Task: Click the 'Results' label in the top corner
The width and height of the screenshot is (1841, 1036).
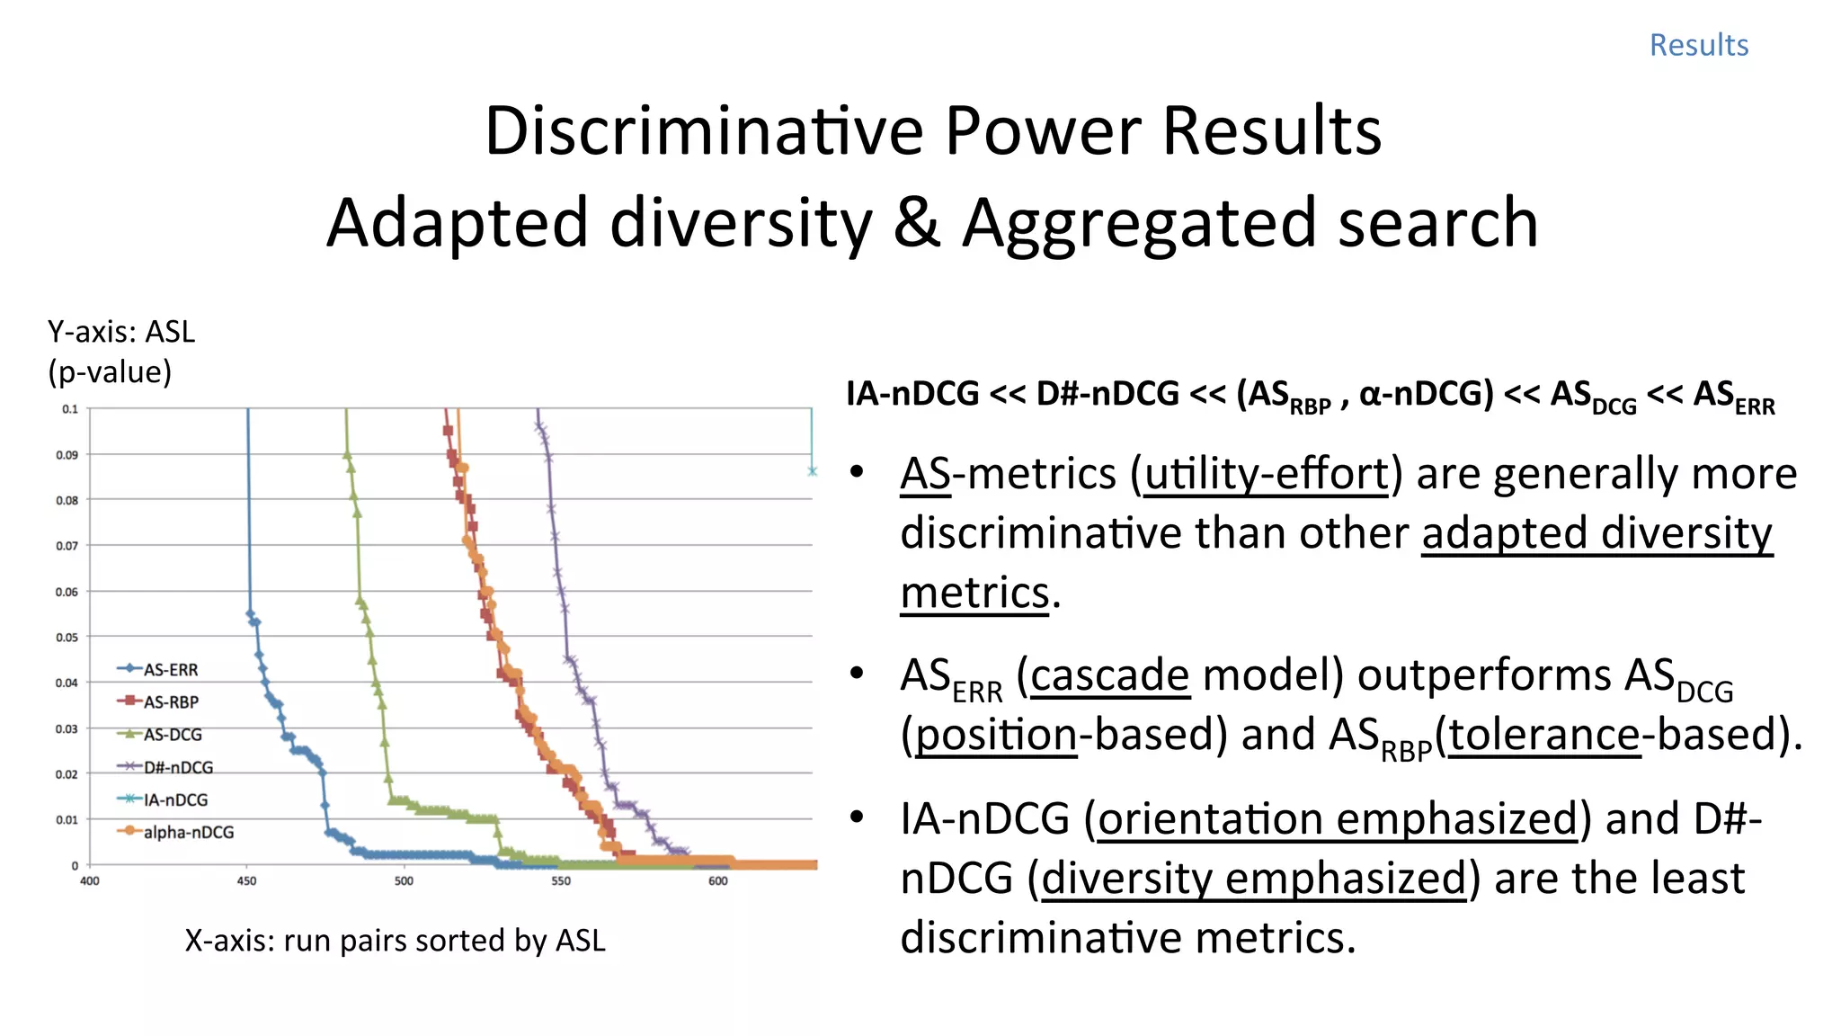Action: (x=1698, y=45)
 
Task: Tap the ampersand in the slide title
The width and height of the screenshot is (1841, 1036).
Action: (x=916, y=223)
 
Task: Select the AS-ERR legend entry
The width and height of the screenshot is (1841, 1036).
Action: (x=170, y=670)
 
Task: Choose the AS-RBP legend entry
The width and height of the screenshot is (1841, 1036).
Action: (x=170, y=702)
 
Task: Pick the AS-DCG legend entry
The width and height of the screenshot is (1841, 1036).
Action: (x=172, y=735)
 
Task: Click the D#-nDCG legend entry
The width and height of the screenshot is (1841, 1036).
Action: (x=177, y=767)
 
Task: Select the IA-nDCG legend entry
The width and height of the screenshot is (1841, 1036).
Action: (x=174, y=799)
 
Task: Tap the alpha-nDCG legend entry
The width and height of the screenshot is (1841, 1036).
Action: (x=187, y=832)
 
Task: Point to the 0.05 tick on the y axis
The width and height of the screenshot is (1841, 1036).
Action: (x=67, y=638)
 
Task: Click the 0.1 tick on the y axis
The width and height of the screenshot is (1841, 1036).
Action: (x=70, y=409)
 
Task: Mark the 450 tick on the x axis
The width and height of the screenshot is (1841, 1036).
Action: (x=246, y=881)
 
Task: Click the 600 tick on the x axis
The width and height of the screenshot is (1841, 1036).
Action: (x=717, y=881)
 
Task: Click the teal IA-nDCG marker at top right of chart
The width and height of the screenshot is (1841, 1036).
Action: (x=812, y=471)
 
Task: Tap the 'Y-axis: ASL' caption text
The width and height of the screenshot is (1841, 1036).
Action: (x=121, y=332)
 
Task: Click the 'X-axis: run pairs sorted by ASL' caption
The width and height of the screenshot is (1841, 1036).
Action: (x=395, y=941)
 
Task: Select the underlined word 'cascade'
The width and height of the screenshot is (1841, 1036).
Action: (x=1109, y=675)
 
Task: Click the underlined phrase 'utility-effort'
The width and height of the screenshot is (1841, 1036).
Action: (x=1267, y=474)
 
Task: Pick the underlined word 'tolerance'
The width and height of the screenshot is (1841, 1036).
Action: (x=1544, y=735)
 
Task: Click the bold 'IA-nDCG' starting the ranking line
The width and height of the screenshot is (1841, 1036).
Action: (x=912, y=394)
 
